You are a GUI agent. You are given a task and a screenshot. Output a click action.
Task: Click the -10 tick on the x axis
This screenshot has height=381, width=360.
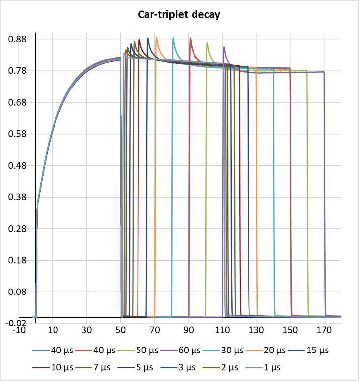[19, 330]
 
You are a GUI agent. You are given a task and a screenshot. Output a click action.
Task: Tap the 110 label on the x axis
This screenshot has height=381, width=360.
[222, 330]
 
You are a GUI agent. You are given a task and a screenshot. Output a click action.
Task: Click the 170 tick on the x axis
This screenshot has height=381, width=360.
[324, 330]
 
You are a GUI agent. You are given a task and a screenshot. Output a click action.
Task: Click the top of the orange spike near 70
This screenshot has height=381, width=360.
[156, 37]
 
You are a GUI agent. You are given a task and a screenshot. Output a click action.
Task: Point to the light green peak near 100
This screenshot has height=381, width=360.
[207, 43]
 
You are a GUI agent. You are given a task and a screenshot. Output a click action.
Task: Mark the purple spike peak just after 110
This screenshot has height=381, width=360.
[224, 47]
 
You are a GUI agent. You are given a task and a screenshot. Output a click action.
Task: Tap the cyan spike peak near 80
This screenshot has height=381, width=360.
[173, 38]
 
